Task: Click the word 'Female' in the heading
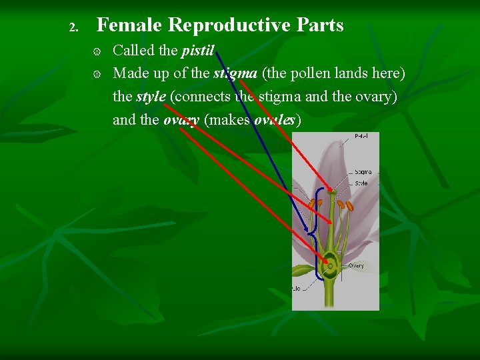(x=130, y=25)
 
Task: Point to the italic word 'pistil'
(x=197, y=50)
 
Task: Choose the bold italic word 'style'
(x=151, y=96)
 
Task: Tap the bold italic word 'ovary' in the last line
(x=181, y=120)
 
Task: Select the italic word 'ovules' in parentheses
(x=275, y=120)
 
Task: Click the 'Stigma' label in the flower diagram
(x=363, y=172)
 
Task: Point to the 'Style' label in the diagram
(x=361, y=183)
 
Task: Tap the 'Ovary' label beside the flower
(x=357, y=266)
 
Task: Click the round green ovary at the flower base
(x=329, y=266)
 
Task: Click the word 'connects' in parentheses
(x=201, y=96)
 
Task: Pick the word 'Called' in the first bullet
(x=133, y=50)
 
